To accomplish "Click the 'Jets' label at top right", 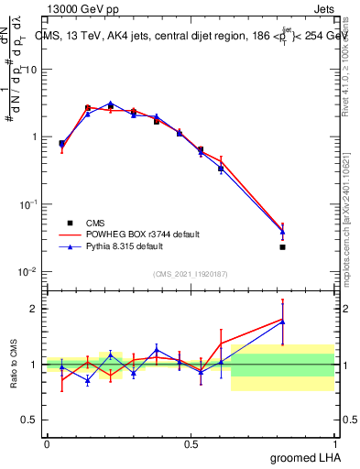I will pos(324,9).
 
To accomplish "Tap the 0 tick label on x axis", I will pos(47,443).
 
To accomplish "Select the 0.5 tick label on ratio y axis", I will pos(30,420).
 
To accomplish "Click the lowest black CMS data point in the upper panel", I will pos(283,246).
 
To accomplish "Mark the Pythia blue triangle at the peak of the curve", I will pos(110,104).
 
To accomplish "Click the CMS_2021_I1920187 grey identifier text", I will pos(190,273).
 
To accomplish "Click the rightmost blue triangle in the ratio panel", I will pos(283,322).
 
